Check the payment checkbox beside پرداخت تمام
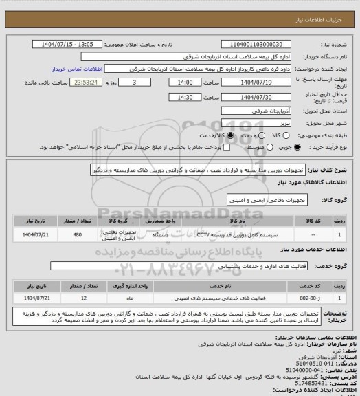click(192, 147)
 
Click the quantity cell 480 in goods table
click(77, 235)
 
